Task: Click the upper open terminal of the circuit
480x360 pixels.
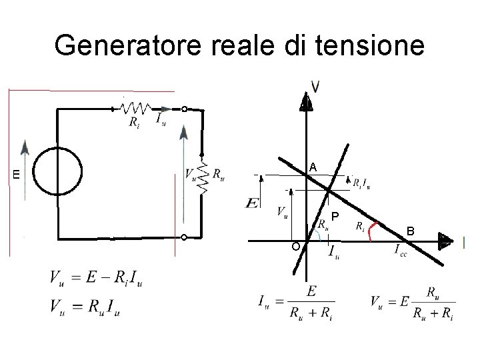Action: pos(184,109)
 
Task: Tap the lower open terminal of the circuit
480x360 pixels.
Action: pos(184,237)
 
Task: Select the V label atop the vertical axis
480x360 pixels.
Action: pos(315,86)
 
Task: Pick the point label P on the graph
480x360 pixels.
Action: pos(335,216)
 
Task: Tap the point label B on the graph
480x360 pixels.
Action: pos(411,231)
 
